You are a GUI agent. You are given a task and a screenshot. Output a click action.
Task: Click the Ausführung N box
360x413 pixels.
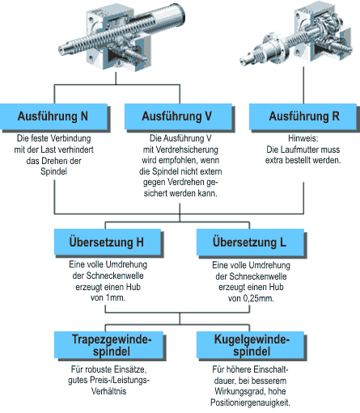point(54,116)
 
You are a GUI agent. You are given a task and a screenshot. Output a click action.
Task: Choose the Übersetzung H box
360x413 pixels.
point(108,242)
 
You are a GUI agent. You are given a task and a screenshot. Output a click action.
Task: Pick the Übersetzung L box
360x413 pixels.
point(250,242)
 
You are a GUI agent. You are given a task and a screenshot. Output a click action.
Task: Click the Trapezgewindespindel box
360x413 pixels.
point(109,345)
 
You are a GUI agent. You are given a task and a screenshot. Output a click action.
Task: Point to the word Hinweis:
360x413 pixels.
point(303,138)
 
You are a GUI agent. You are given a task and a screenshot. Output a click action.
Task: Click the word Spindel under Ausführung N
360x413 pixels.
point(53,171)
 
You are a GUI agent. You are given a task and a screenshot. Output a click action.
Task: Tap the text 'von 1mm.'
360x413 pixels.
point(108,298)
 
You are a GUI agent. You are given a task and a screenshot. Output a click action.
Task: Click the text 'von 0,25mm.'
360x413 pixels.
point(251,298)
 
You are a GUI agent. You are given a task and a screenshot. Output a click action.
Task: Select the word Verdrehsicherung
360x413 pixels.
point(187,150)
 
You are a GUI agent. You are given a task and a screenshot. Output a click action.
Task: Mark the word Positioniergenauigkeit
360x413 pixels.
point(250,402)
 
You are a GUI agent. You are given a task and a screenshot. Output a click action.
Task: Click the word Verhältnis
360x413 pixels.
point(108,391)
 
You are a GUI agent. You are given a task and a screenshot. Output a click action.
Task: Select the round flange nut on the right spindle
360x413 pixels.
point(273,46)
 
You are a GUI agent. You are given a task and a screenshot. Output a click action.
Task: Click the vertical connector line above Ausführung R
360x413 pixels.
point(303,85)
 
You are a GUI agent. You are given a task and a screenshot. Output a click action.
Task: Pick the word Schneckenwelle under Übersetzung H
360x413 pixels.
point(108,276)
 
